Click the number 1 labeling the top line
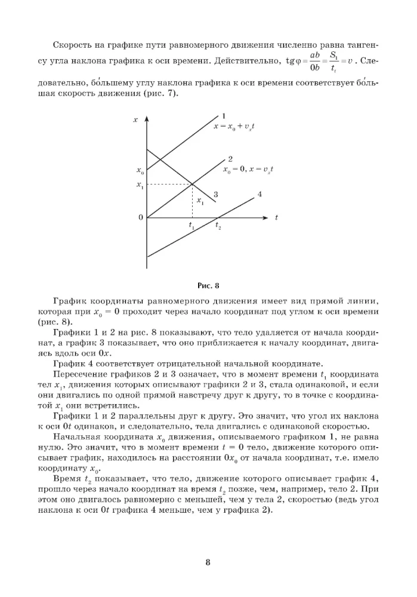(x=223, y=116)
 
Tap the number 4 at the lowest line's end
(x=260, y=194)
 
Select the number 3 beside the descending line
(x=215, y=194)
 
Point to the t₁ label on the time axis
(x=191, y=227)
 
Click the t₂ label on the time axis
(x=218, y=227)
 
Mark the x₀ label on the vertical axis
(x=140, y=171)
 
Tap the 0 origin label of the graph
(x=141, y=218)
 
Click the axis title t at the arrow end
(x=276, y=218)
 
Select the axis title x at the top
(x=135, y=120)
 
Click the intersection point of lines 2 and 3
(x=191, y=184)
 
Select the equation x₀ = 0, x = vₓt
(x=248, y=170)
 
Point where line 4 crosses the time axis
(x=217, y=217)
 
